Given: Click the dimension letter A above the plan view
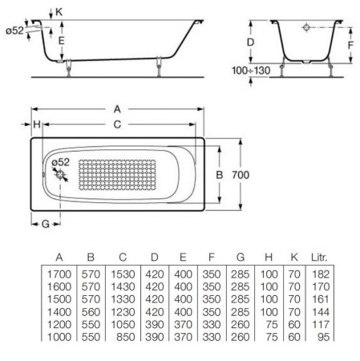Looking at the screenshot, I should click(118, 108).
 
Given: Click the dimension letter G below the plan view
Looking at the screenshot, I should click(46, 223).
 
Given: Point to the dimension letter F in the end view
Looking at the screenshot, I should click(350, 45).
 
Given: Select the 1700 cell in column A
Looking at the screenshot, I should click(61, 274).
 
